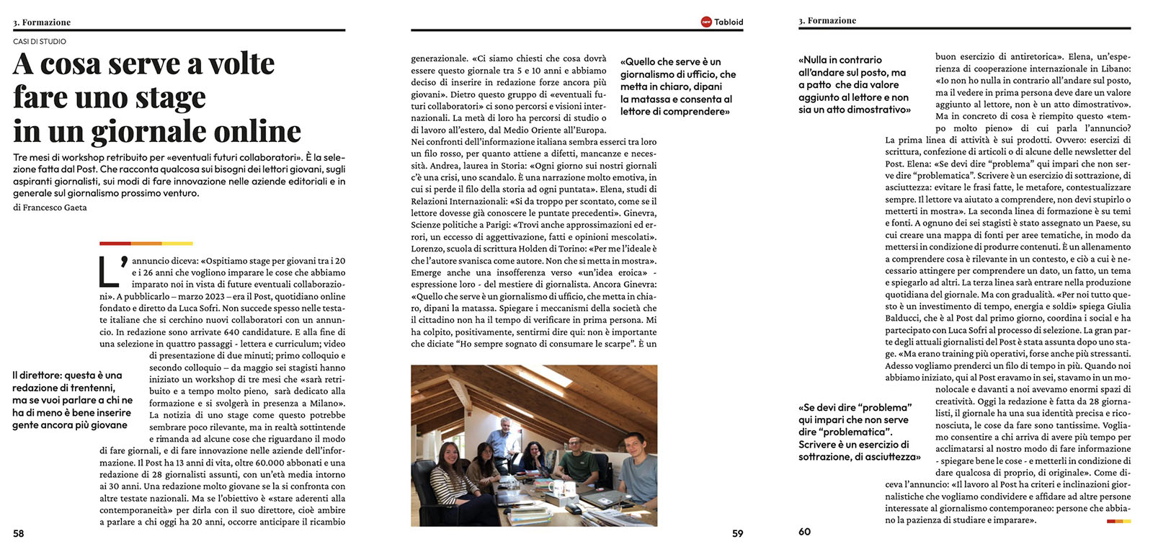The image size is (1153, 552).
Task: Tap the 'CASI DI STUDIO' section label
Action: pos(40,42)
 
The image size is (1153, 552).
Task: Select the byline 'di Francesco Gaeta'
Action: pos(50,208)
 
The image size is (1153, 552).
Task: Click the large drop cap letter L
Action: pos(113,272)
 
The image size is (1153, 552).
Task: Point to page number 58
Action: pos(19,533)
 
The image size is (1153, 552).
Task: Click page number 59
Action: pos(737,534)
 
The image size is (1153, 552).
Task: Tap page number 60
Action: pos(804,532)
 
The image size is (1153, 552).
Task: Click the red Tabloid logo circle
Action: pos(706,22)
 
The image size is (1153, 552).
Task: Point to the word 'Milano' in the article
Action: pos(326,404)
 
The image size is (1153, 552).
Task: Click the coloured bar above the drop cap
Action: pos(146,244)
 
